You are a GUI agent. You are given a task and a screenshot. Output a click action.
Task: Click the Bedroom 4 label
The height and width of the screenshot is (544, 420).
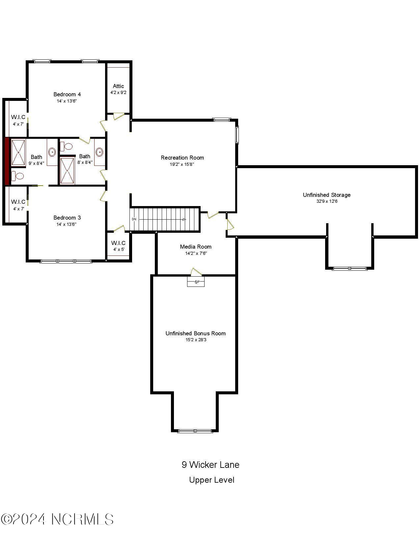click(67, 94)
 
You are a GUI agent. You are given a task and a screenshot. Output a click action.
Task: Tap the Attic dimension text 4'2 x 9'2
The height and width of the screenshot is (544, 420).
click(118, 93)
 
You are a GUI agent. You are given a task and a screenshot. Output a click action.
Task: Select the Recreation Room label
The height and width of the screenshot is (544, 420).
click(182, 158)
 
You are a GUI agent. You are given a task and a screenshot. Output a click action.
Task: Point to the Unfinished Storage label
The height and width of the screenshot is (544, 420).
click(326, 195)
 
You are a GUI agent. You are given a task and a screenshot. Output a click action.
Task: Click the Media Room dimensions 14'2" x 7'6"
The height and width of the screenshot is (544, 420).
click(196, 253)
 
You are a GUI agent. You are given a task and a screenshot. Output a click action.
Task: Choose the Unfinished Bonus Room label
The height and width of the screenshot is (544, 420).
click(195, 333)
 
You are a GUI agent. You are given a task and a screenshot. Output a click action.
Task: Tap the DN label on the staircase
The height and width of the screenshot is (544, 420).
click(134, 219)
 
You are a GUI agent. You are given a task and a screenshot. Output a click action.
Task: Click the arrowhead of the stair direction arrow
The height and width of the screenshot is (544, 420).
click(184, 219)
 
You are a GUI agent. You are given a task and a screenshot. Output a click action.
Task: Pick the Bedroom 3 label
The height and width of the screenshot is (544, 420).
click(67, 218)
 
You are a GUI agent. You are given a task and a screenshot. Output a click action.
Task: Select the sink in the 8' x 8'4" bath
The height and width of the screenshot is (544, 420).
click(99, 152)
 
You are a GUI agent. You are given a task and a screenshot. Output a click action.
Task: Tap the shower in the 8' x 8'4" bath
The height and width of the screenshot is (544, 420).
click(67, 171)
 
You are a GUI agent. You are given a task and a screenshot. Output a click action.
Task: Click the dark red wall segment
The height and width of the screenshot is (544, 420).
click(7, 162)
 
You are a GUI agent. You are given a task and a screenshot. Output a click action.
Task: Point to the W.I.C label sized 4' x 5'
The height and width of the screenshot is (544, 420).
click(118, 243)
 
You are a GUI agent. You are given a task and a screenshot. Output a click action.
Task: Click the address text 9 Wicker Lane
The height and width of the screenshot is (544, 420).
click(210, 465)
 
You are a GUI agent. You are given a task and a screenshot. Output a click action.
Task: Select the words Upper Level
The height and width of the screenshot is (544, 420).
click(211, 480)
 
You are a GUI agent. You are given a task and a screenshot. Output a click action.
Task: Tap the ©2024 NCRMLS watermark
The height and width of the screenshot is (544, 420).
click(57, 519)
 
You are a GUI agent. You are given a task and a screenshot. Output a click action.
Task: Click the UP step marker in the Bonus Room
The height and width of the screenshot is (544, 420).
click(196, 282)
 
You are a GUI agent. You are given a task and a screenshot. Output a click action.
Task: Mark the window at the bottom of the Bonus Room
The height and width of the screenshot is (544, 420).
click(195, 431)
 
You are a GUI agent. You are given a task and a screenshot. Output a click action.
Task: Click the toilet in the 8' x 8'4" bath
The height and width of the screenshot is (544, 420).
click(67, 146)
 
